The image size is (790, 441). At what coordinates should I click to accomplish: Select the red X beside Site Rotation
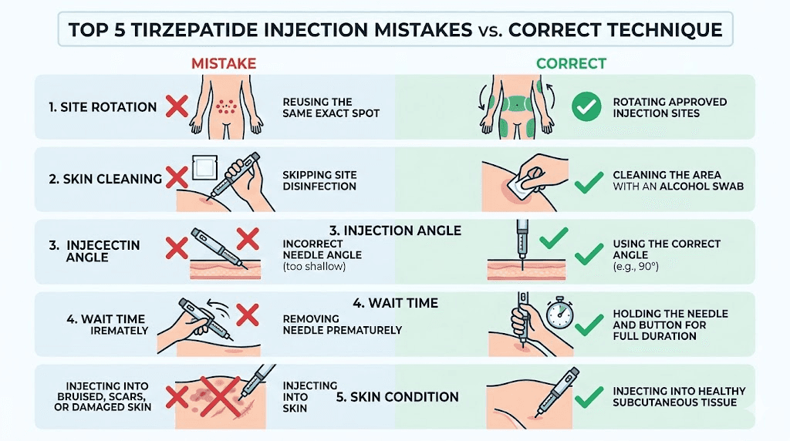tap(177, 106)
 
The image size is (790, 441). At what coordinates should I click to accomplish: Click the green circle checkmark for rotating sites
tap(586, 107)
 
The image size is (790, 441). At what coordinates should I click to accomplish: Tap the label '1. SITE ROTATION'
tap(103, 107)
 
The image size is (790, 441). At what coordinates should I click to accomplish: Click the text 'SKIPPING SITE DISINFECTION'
tap(319, 180)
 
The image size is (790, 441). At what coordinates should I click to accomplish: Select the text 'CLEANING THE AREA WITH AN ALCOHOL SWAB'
tap(677, 180)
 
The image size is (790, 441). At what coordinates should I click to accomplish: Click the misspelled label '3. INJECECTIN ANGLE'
tap(94, 251)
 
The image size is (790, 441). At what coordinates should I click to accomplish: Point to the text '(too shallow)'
tap(315, 267)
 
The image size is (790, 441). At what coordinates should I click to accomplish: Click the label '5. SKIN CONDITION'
tap(397, 398)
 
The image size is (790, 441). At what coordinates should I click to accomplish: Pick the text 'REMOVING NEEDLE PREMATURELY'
tap(343, 324)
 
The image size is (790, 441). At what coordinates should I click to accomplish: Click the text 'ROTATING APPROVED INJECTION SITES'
tap(669, 108)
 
